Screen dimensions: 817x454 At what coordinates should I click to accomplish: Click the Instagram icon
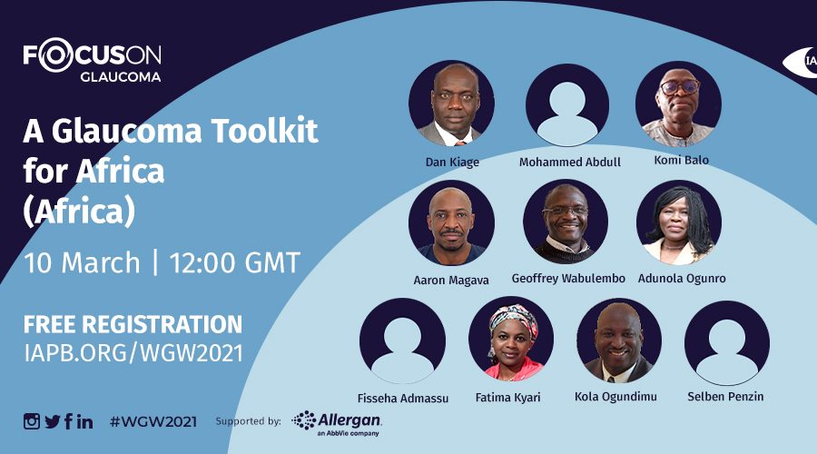click(x=31, y=421)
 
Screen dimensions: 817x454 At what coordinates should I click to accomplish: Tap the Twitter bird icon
click(x=52, y=421)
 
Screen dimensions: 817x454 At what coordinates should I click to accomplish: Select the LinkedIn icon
click(x=85, y=421)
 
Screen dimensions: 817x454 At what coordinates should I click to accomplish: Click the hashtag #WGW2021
click(x=153, y=421)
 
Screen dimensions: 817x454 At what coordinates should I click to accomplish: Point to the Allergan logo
click(x=337, y=422)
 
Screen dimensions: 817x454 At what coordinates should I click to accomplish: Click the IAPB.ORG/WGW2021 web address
click(x=133, y=353)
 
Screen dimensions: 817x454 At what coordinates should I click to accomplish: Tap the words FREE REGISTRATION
click(x=133, y=324)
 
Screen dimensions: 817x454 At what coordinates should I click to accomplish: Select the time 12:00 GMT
click(x=234, y=262)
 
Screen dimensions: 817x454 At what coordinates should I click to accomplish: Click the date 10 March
click(x=82, y=262)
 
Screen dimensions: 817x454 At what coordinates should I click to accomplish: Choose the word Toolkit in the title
click(x=264, y=131)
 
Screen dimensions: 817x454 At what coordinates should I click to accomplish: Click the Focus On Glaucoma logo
click(x=93, y=60)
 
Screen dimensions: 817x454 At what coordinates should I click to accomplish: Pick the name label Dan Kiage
click(x=452, y=163)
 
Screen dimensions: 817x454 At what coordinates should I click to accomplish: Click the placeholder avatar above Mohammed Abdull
click(x=566, y=104)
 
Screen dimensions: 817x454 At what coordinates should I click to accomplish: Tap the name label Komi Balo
click(x=681, y=160)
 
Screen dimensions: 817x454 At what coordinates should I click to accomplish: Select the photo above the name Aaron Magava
click(x=451, y=222)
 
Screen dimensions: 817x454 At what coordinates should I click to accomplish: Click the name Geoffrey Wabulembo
click(x=568, y=279)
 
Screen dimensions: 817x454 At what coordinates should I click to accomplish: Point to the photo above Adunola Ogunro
click(x=679, y=222)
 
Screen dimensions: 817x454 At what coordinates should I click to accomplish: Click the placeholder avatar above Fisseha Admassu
click(x=402, y=340)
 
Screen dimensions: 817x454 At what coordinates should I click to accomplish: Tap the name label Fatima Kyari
click(x=507, y=397)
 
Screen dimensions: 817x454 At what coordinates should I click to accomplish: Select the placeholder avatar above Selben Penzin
click(x=727, y=342)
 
